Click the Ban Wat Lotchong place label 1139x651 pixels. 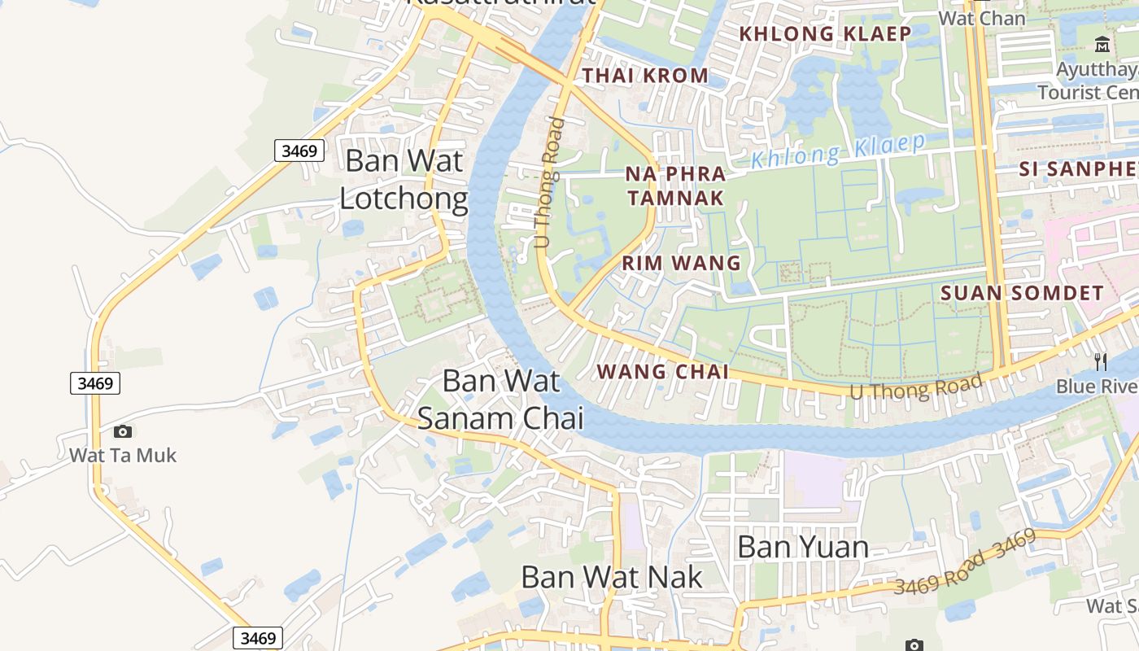[x=404, y=179]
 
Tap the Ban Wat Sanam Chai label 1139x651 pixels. [x=500, y=399]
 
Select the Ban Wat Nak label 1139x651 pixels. [x=612, y=577]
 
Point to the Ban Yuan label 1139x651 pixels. [x=802, y=547]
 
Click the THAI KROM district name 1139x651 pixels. [x=646, y=76]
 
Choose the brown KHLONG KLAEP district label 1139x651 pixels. [x=825, y=34]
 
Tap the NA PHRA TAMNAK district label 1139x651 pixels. [x=675, y=186]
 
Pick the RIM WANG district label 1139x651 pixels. [x=682, y=263]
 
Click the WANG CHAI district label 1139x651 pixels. [x=662, y=372]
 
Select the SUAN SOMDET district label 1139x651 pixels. [x=1022, y=293]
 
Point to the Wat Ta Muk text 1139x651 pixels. [x=123, y=455]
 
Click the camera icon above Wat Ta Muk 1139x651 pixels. [x=123, y=431]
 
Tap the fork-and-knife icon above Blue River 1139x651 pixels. [x=1100, y=361]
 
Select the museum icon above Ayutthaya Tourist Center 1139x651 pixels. [x=1102, y=44]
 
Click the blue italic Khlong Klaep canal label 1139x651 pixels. [x=838, y=151]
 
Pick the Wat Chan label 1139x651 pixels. [x=981, y=18]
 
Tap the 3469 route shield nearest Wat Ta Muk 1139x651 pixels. [x=95, y=382]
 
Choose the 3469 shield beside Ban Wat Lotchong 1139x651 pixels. [x=299, y=151]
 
